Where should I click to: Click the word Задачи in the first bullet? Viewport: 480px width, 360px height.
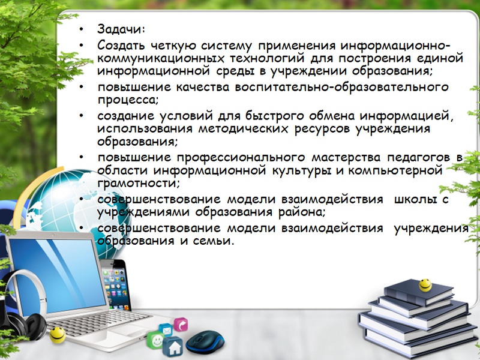[x=121, y=29]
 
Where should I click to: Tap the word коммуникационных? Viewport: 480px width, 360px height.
[x=161, y=58]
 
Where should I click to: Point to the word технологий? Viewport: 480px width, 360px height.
[x=267, y=59]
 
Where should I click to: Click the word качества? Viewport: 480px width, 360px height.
[x=203, y=87]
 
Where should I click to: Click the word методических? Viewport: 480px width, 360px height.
[x=244, y=129]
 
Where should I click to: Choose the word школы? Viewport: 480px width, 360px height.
[x=415, y=200]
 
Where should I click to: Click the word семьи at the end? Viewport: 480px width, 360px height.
[x=213, y=241]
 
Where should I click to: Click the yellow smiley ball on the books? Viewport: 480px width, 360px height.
[x=425, y=285]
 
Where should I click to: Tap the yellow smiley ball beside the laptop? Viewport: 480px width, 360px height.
[x=58, y=335]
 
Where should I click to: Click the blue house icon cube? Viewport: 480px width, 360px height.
[x=173, y=347]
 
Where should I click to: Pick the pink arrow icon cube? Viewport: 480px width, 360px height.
[x=181, y=325]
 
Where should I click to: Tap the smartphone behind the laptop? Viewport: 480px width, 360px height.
[x=115, y=284]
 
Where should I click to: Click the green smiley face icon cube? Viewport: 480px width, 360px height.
[x=155, y=340]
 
